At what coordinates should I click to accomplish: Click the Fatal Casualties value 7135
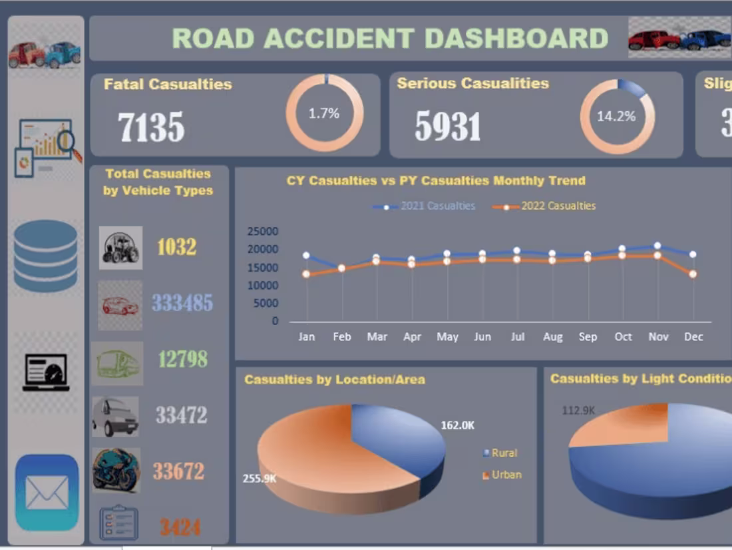[x=151, y=127]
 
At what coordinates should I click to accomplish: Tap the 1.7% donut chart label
[x=324, y=113]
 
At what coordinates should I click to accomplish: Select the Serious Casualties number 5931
[x=447, y=127]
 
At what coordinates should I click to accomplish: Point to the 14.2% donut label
[x=616, y=117]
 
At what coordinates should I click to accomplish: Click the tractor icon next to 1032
[x=120, y=248]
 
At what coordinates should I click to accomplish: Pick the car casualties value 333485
[x=182, y=304]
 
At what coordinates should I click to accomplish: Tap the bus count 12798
[x=182, y=360]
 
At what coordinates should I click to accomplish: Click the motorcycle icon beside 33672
[x=116, y=470]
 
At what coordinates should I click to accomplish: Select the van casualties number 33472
[x=182, y=415]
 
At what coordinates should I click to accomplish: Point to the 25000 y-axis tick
[x=263, y=232]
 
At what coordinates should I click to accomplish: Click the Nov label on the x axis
[x=658, y=337]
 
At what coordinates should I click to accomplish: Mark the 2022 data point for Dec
[x=693, y=274]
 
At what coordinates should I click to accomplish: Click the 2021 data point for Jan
[x=306, y=255]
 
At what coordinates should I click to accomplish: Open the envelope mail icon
[x=47, y=493]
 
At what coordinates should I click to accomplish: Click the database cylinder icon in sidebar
[x=45, y=256]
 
